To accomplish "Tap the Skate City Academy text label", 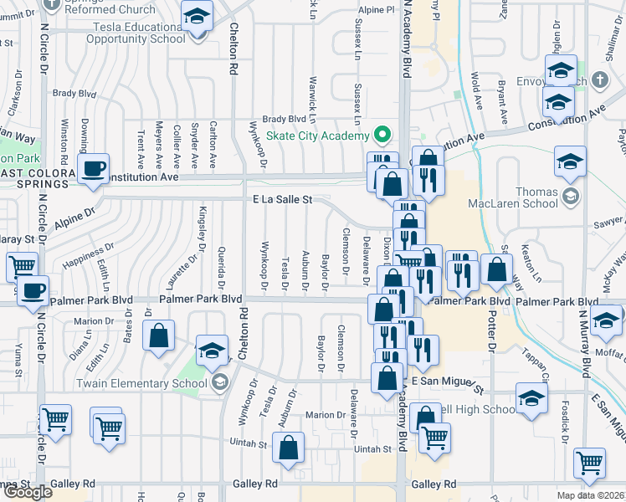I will [x=317, y=136].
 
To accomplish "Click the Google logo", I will [x=27, y=492].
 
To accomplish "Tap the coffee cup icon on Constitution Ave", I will [x=94, y=168].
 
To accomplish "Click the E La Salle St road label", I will [x=282, y=200].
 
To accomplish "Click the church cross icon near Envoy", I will [x=598, y=80].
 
